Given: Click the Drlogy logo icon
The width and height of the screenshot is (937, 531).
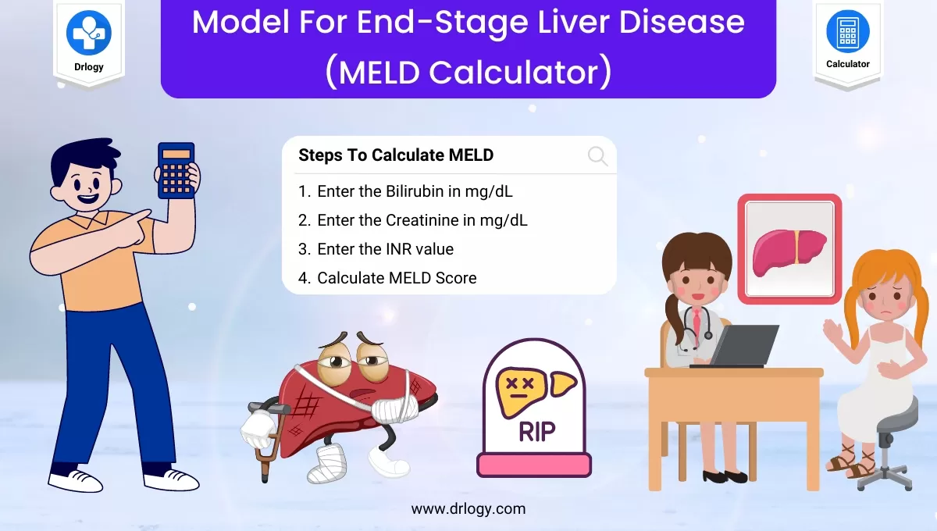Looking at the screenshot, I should tap(88, 32).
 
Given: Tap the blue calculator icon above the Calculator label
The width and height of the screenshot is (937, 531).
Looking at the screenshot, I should tap(847, 32).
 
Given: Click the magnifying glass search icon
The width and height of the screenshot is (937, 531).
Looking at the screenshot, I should tap(597, 156).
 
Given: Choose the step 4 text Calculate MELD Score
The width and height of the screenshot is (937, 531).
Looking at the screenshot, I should tap(397, 278).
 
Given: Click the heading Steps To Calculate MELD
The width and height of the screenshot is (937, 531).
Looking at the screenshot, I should tap(396, 155).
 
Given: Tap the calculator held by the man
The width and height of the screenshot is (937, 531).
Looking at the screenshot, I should tap(176, 169).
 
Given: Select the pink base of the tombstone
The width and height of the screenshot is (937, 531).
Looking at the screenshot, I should tap(534, 465).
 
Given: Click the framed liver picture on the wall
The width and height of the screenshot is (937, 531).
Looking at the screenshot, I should tap(789, 249).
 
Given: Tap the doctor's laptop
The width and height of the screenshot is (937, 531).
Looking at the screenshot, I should tap(742, 346).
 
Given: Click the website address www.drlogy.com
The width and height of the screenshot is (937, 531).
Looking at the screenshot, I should tap(468, 509).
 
